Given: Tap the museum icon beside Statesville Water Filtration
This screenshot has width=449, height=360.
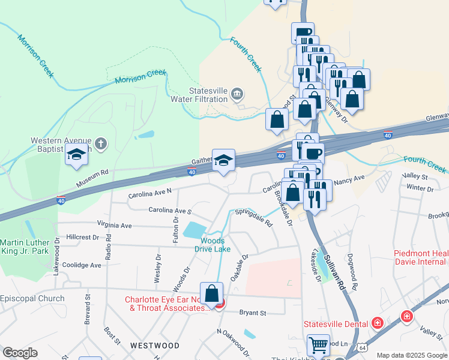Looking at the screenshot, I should point(238,94).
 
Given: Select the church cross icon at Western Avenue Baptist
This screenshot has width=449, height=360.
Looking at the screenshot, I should point(101,143).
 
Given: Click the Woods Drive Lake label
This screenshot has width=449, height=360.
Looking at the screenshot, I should point(215,245).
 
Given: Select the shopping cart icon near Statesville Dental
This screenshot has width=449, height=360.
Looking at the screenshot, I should point(318,346).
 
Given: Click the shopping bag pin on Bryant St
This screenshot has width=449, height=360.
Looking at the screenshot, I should point(211,293).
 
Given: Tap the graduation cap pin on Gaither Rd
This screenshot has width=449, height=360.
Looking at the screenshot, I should point(223,160).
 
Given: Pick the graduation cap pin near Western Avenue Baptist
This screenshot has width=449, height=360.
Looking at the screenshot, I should point(76,155).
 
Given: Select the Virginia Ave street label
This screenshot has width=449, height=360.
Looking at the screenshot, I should point(118,226).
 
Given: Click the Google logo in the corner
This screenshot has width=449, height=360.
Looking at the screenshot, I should point(19,353).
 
